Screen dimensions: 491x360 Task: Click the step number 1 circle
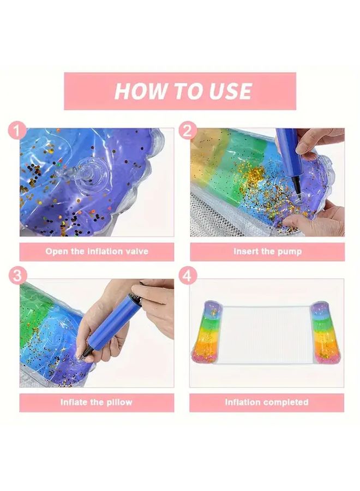(x=19, y=131)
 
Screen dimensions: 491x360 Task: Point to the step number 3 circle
(x=19, y=276)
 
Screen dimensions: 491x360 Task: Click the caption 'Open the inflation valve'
(x=97, y=252)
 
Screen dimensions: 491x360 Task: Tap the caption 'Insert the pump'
(x=267, y=252)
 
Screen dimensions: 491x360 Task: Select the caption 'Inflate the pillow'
(x=97, y=403)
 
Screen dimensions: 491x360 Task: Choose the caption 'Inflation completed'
(x=267, y=403)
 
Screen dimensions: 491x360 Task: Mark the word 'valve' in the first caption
(x=136, y=252)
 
